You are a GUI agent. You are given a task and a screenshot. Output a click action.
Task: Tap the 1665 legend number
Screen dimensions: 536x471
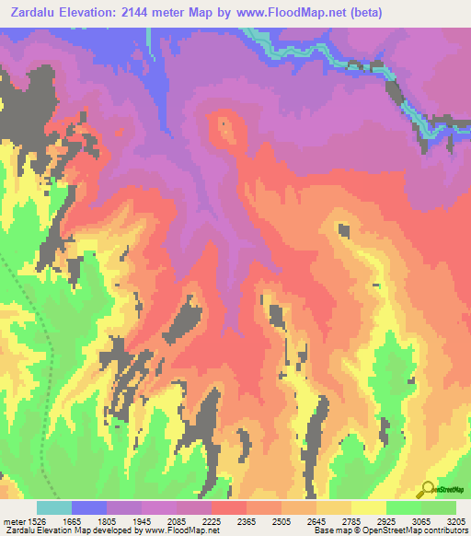coord(89,520)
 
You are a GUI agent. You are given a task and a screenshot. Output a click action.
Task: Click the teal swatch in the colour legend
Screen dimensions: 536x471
coord(54,507)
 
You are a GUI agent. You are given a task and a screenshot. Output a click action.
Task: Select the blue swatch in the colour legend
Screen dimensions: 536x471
coord(89,507)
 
